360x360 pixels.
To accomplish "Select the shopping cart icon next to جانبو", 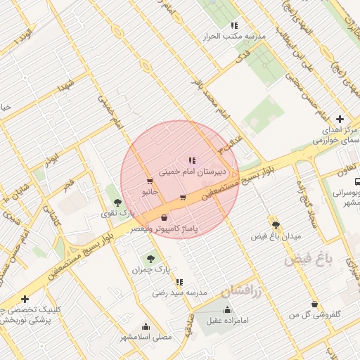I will (149, 181).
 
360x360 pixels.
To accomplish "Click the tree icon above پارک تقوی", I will (127, 202).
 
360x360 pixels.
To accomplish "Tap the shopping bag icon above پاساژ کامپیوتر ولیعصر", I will (165, 218).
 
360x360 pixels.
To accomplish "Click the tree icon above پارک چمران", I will (150, 259).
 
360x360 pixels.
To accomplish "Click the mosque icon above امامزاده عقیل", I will (226, 310).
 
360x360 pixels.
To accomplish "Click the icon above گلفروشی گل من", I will (314, 304).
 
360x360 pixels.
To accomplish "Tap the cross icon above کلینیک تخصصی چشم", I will (25, 300).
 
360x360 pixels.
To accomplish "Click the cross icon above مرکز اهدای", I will (340, 120).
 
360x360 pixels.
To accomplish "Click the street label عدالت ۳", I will (229, 141).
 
